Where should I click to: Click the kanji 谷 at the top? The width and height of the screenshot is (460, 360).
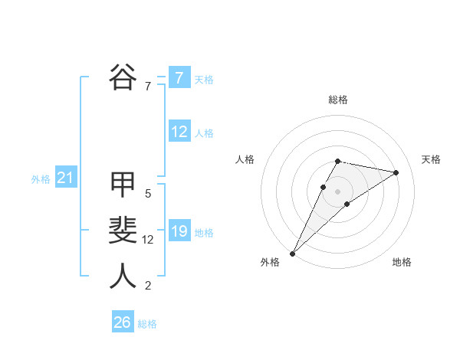tap(123, 77)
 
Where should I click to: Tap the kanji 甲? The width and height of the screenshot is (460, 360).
tap(123, 185)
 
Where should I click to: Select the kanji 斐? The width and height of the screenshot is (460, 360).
tap(123, 231)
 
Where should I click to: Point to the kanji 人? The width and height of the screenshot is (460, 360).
tap(123, 277)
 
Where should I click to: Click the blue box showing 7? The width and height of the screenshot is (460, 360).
tap(179, 78)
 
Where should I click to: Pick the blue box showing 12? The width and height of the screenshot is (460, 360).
tap(179, 132)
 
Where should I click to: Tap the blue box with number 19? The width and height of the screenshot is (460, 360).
tap(179, 231)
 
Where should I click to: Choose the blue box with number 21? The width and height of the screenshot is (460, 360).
tap(65, 178)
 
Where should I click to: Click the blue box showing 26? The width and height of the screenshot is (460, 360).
tap(122, 322)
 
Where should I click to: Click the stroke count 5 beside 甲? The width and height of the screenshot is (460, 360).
tap(148, 194)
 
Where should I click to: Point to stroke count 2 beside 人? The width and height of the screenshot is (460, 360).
tap(148, 286)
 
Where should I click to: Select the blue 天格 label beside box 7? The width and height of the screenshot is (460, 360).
tap(203, 80)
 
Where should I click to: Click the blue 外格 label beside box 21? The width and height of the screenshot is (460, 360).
tap(41, 179)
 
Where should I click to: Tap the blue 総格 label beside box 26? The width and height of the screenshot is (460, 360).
tap(147, 324)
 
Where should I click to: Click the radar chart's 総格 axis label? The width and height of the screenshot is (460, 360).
tap(338, 100)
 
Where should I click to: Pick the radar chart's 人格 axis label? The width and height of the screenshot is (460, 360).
tap(245, 159)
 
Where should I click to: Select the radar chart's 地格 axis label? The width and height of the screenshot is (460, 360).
tap(402, 262)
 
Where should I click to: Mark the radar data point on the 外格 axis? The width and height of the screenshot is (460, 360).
tap(292, 253)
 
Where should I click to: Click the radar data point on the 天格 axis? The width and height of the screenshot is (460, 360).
tap(396, 172)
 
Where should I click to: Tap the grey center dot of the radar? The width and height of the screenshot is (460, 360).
tap(338, 191)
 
